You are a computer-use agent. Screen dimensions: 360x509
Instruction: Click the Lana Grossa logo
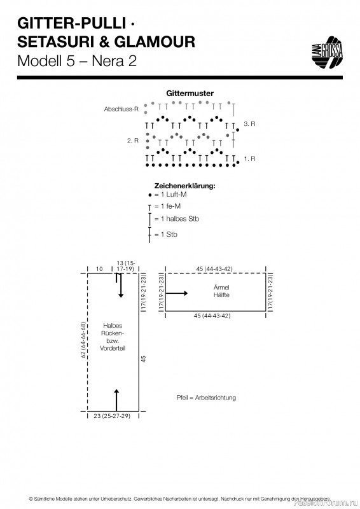coord(327,52)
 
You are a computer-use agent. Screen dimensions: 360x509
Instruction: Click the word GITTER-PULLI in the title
coord(71,24)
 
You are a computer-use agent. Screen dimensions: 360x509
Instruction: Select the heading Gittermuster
coord(190,93)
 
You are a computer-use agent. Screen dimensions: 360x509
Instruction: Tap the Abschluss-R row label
coord(121,109)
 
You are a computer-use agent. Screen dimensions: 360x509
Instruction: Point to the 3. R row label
coord(249,123)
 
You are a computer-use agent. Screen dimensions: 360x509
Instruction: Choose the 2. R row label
coord(132,141)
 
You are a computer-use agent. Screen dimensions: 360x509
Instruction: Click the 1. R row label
coord(249,158)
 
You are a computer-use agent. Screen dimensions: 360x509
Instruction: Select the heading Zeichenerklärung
coord(184,186)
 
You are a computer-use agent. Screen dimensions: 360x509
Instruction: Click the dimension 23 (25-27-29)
coord(112,416)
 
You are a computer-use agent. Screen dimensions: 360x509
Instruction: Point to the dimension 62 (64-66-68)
coord(83,340)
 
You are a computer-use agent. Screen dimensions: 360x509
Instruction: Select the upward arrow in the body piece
coord(116,400)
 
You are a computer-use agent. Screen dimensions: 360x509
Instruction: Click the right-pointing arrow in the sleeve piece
coord(177,293)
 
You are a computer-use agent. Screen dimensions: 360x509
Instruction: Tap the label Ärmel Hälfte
coord(221,291)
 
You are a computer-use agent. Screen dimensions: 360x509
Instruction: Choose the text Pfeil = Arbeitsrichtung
coord(206,398)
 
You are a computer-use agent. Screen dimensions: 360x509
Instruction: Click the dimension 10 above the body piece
coord(99,268)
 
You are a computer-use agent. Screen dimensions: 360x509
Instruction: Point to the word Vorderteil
coord(113,348)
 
